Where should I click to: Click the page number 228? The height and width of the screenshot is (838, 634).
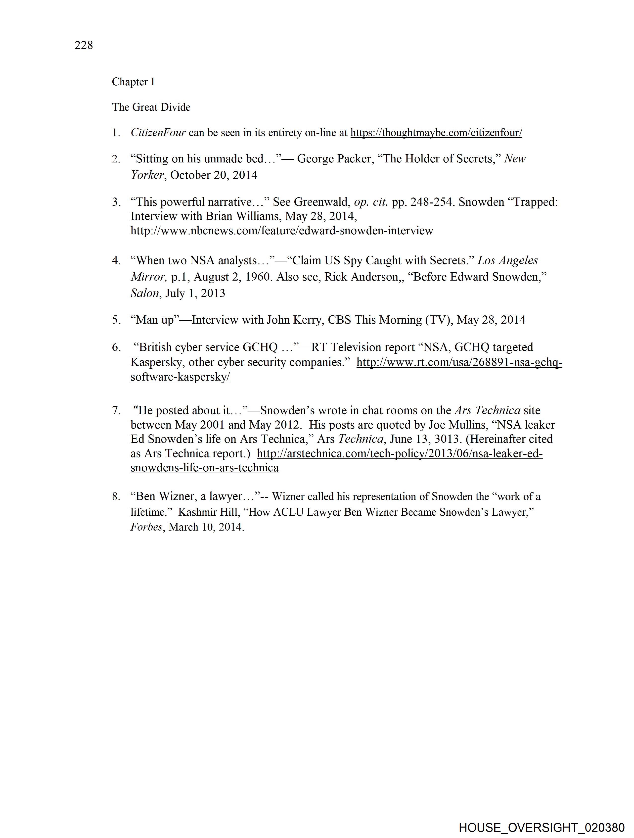pyautogui.click(x=84, y=46)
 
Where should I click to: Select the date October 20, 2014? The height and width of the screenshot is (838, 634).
pyautogui.click(x=214, y=175)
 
